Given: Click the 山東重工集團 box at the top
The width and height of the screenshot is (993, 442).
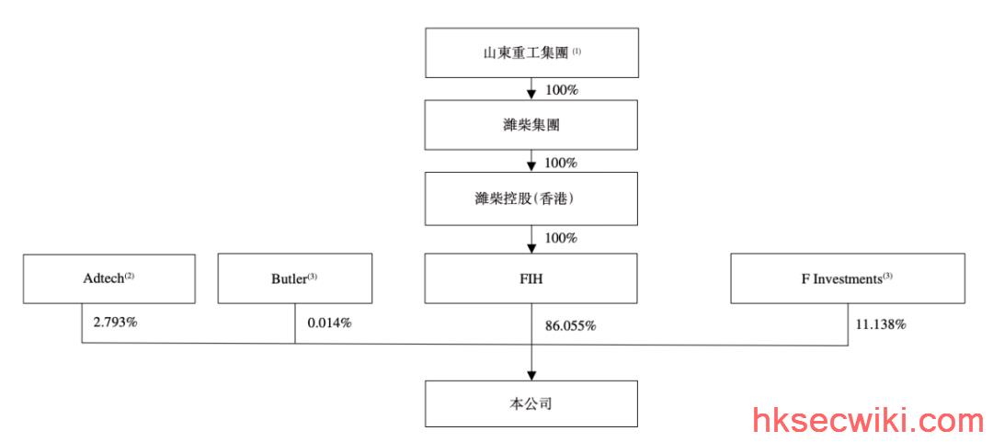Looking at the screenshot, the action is (531, 52).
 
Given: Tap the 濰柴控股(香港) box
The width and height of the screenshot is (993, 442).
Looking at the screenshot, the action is (531, 198).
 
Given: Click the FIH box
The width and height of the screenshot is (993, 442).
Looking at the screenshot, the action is (531, 278).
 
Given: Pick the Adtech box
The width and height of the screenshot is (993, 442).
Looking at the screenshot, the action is (108, 278).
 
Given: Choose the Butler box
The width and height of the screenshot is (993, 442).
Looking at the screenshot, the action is (295, 278).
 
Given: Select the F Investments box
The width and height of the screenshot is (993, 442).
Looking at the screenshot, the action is (848, 278).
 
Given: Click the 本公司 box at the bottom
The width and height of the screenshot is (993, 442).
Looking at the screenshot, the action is (531, 403).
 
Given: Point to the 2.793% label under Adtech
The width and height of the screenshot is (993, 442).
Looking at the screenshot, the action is (115, 323).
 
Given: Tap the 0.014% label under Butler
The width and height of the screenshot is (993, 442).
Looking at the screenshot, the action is (329, 323).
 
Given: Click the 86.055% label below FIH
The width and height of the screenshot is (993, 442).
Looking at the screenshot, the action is (571, 326).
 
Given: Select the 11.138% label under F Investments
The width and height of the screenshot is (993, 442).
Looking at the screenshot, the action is (880, 325).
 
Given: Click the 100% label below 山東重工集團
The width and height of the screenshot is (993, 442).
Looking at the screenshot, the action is (562, 90).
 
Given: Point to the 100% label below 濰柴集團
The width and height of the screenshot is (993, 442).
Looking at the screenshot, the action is (562, 163).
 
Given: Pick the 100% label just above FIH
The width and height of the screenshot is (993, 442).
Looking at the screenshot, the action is (562, 238).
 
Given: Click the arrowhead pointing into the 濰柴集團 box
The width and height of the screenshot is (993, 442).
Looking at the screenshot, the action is (531, 95).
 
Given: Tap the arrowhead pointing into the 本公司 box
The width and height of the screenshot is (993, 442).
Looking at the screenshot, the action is (531, 375).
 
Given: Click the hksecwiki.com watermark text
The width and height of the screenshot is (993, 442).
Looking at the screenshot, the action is (869, 422).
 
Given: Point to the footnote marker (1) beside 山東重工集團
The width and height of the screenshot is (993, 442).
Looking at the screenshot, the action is (576, 52).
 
